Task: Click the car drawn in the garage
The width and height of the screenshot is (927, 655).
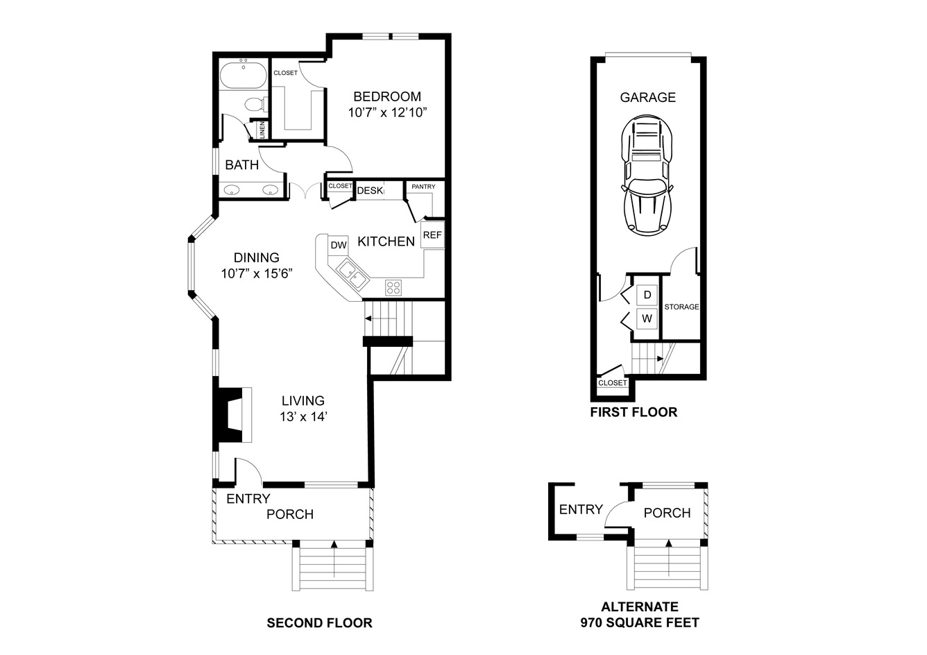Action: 647,175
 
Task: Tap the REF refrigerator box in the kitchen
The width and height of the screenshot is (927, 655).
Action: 432,235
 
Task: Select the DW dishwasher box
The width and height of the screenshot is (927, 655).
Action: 339,245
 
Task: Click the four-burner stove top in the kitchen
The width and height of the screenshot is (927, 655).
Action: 393,287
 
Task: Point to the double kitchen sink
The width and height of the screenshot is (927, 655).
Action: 352,274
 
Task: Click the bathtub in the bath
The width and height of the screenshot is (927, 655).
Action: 244,76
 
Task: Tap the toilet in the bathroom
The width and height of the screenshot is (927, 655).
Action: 256,104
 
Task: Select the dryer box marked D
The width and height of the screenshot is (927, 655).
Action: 647,295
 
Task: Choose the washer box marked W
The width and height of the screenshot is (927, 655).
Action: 647,318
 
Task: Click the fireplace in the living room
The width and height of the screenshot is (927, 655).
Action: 232,415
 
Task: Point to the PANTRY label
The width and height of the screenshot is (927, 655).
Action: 423,187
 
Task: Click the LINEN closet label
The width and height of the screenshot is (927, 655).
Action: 262,130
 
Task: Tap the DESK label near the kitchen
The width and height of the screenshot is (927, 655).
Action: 370,190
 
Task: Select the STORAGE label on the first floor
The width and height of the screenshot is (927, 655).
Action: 681,307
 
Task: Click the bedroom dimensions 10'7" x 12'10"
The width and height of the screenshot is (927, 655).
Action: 387,112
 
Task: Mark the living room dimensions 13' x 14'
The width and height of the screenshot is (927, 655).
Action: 303,417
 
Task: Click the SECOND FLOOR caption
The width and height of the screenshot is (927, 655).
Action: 319,622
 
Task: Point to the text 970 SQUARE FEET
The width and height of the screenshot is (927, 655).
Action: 640,622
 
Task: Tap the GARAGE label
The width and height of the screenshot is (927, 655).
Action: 647,97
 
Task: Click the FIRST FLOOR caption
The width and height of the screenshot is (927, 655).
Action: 633,412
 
